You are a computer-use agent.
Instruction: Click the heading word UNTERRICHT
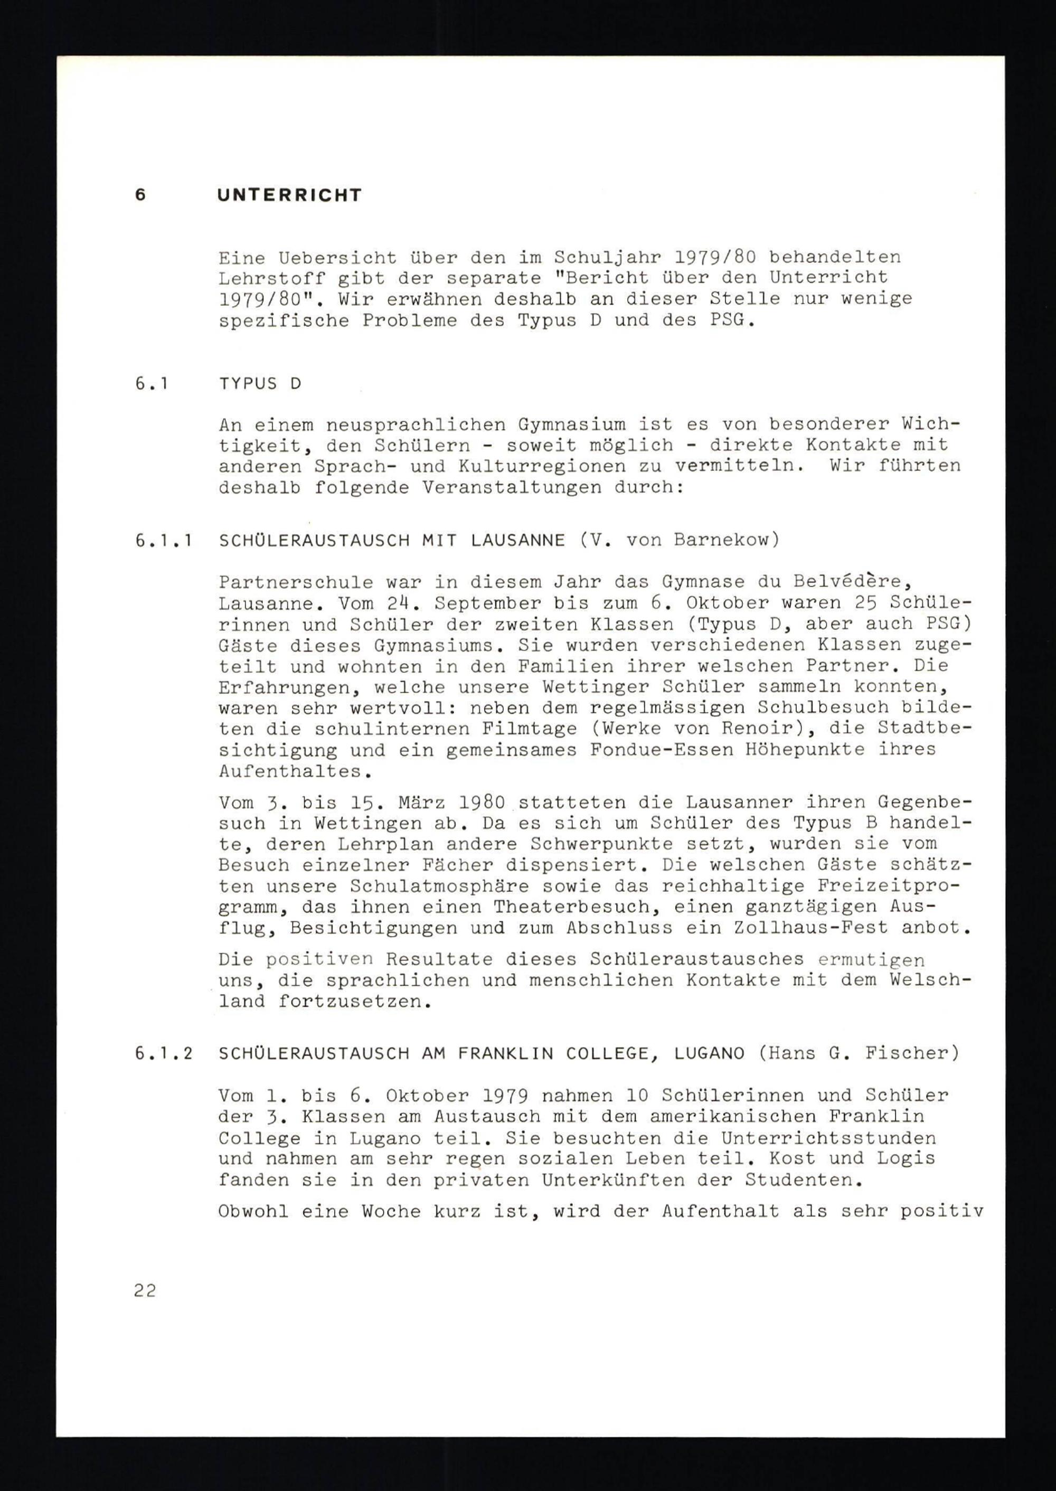[289, 195]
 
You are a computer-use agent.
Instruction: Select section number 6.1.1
[163, 540]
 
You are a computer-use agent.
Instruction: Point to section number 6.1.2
[163, 1053]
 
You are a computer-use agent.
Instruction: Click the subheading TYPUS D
[260, 384]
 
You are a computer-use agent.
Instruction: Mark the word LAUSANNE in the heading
[517, 540]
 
